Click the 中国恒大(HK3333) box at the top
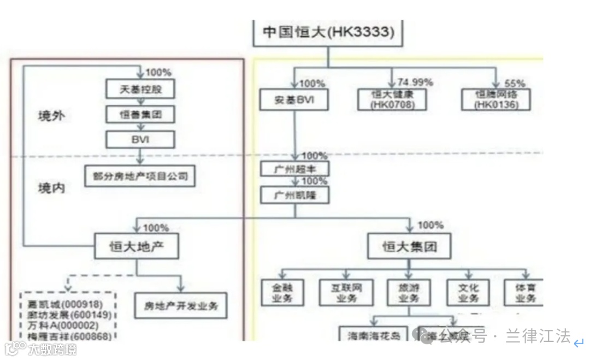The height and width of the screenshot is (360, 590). tap(328, 32)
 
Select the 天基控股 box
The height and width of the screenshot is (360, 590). tap(140, 89)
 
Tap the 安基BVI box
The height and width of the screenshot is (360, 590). tap(293, 101)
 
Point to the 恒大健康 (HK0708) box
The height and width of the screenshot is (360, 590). tap(392, 99)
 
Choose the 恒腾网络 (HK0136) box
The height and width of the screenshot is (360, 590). tap(495, 99)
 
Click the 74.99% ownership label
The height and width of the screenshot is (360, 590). tap(415, 82)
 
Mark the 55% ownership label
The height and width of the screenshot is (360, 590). tap(515, 83)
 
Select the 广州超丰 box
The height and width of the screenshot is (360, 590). tap(295, 169)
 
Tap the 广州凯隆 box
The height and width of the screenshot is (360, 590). tap(295, 194)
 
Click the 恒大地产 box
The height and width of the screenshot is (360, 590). tap(137, 247)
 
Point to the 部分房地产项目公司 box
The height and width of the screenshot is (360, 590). tap(140, 176)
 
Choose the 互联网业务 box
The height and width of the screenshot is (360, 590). tap(346, 293)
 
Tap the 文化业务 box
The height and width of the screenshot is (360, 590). tap(463, 293)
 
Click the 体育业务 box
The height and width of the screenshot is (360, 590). tap(526, 293)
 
